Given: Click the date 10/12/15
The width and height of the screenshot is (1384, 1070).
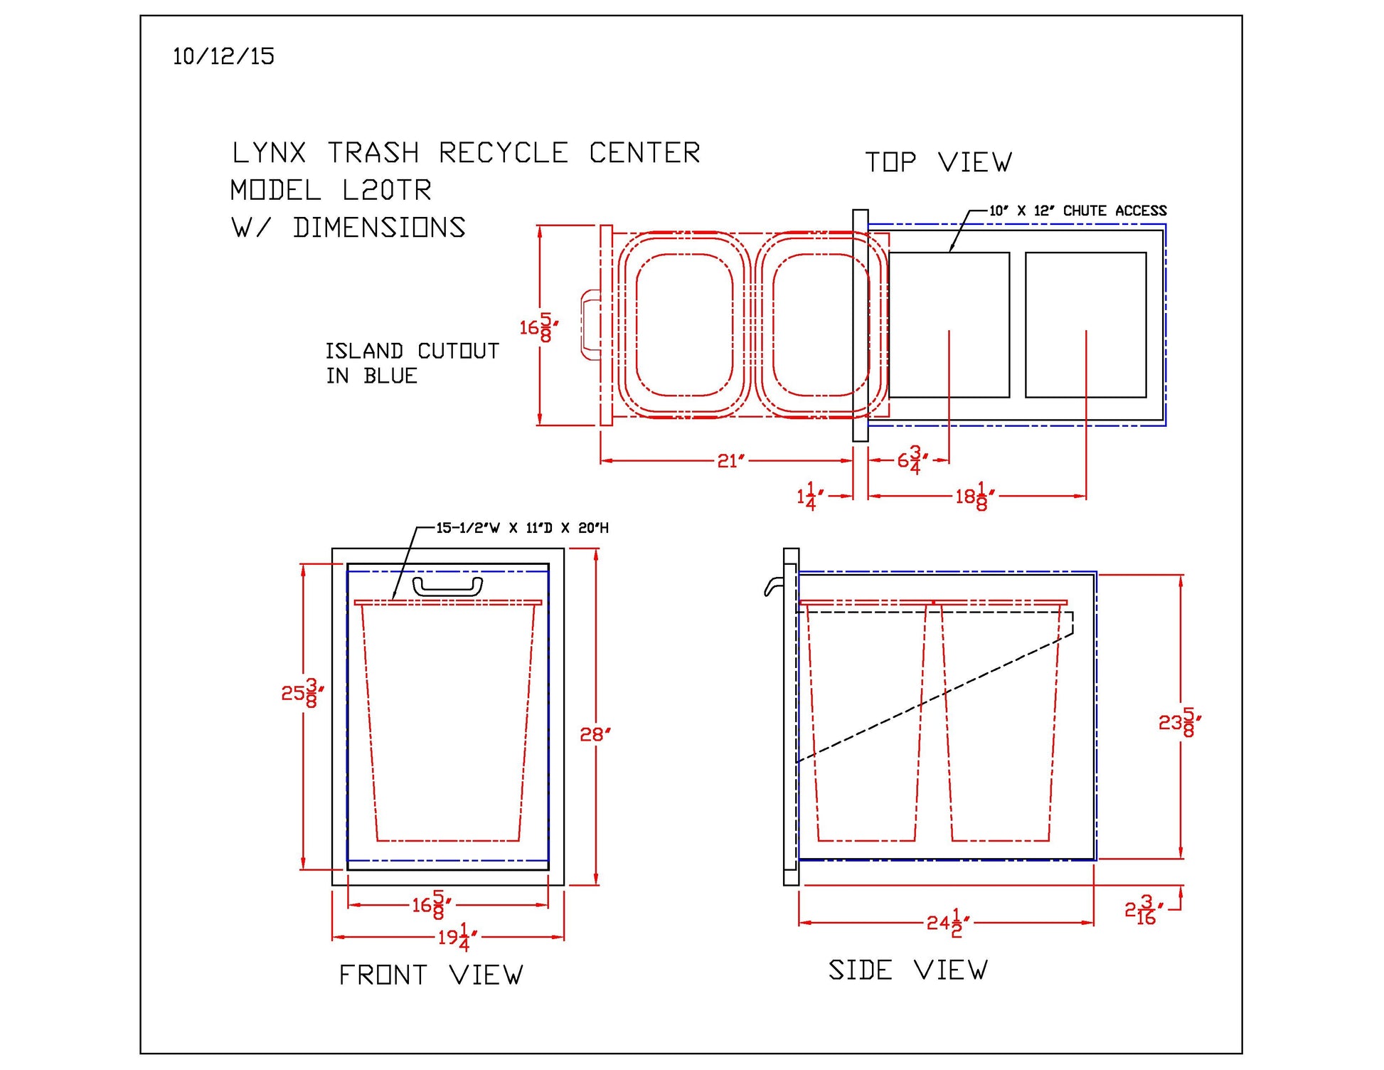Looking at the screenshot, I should [223, 56].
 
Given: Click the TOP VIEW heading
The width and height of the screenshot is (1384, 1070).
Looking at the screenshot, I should [938, 162].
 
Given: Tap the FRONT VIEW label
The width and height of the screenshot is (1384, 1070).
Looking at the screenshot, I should [430, 975].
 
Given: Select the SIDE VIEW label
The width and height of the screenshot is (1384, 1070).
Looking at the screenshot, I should [908, 970].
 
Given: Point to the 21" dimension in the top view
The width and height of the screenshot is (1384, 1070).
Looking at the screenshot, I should [730, 461].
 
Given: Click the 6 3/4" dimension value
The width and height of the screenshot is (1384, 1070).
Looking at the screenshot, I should [911, 460].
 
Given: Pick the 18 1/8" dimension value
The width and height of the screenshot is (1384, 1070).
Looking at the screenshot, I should [974, 496].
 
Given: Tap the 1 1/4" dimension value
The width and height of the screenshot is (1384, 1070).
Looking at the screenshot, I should [810, 496].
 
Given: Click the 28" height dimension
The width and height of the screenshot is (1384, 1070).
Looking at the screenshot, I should [595, 734].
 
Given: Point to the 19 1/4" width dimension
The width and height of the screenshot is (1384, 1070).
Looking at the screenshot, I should [457, 937].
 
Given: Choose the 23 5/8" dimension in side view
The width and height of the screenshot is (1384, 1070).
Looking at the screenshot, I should [1180, 723].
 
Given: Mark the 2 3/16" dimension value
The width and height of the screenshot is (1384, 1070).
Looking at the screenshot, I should [1144, 910].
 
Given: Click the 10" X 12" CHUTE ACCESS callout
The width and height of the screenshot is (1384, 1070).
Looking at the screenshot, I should [1077, 211].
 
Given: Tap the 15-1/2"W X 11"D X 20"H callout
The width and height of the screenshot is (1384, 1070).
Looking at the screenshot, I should [522, 528].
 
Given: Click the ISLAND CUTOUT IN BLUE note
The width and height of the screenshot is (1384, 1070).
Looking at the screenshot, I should [412, 363].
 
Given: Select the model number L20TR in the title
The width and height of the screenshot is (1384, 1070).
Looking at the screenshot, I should [386, 190].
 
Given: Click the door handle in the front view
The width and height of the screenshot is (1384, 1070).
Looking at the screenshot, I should [447, 586].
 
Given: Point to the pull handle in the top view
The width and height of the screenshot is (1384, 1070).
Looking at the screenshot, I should [590, 325].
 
